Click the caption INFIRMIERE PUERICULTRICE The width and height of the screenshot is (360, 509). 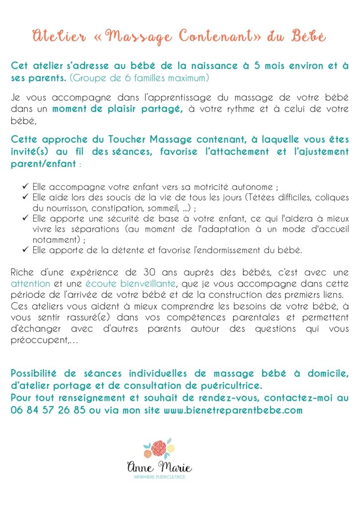[160, 477]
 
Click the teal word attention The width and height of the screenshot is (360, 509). [30, 284]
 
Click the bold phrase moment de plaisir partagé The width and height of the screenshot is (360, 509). [118, 109]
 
